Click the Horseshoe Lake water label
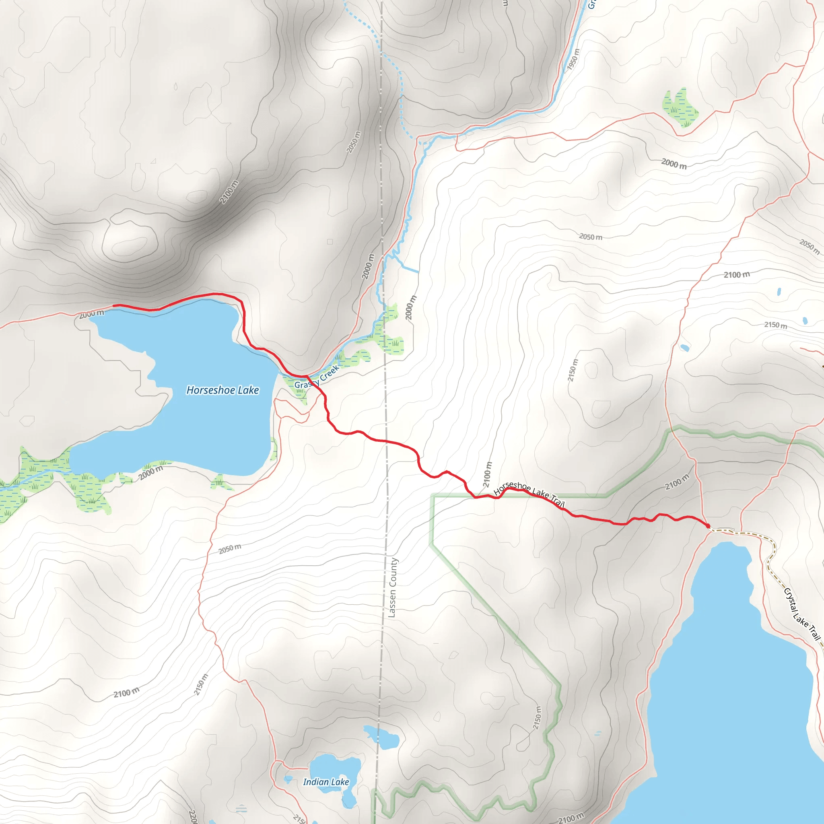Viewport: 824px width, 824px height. (222, 390)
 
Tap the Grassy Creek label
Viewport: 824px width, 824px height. (317, 377)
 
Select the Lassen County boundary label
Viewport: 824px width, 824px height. (392, 587)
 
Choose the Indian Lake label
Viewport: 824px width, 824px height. (326, 782)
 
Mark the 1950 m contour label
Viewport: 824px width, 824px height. (574, 59)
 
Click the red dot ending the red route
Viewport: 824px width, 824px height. (708, 526)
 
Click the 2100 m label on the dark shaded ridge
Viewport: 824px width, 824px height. (229, 192)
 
